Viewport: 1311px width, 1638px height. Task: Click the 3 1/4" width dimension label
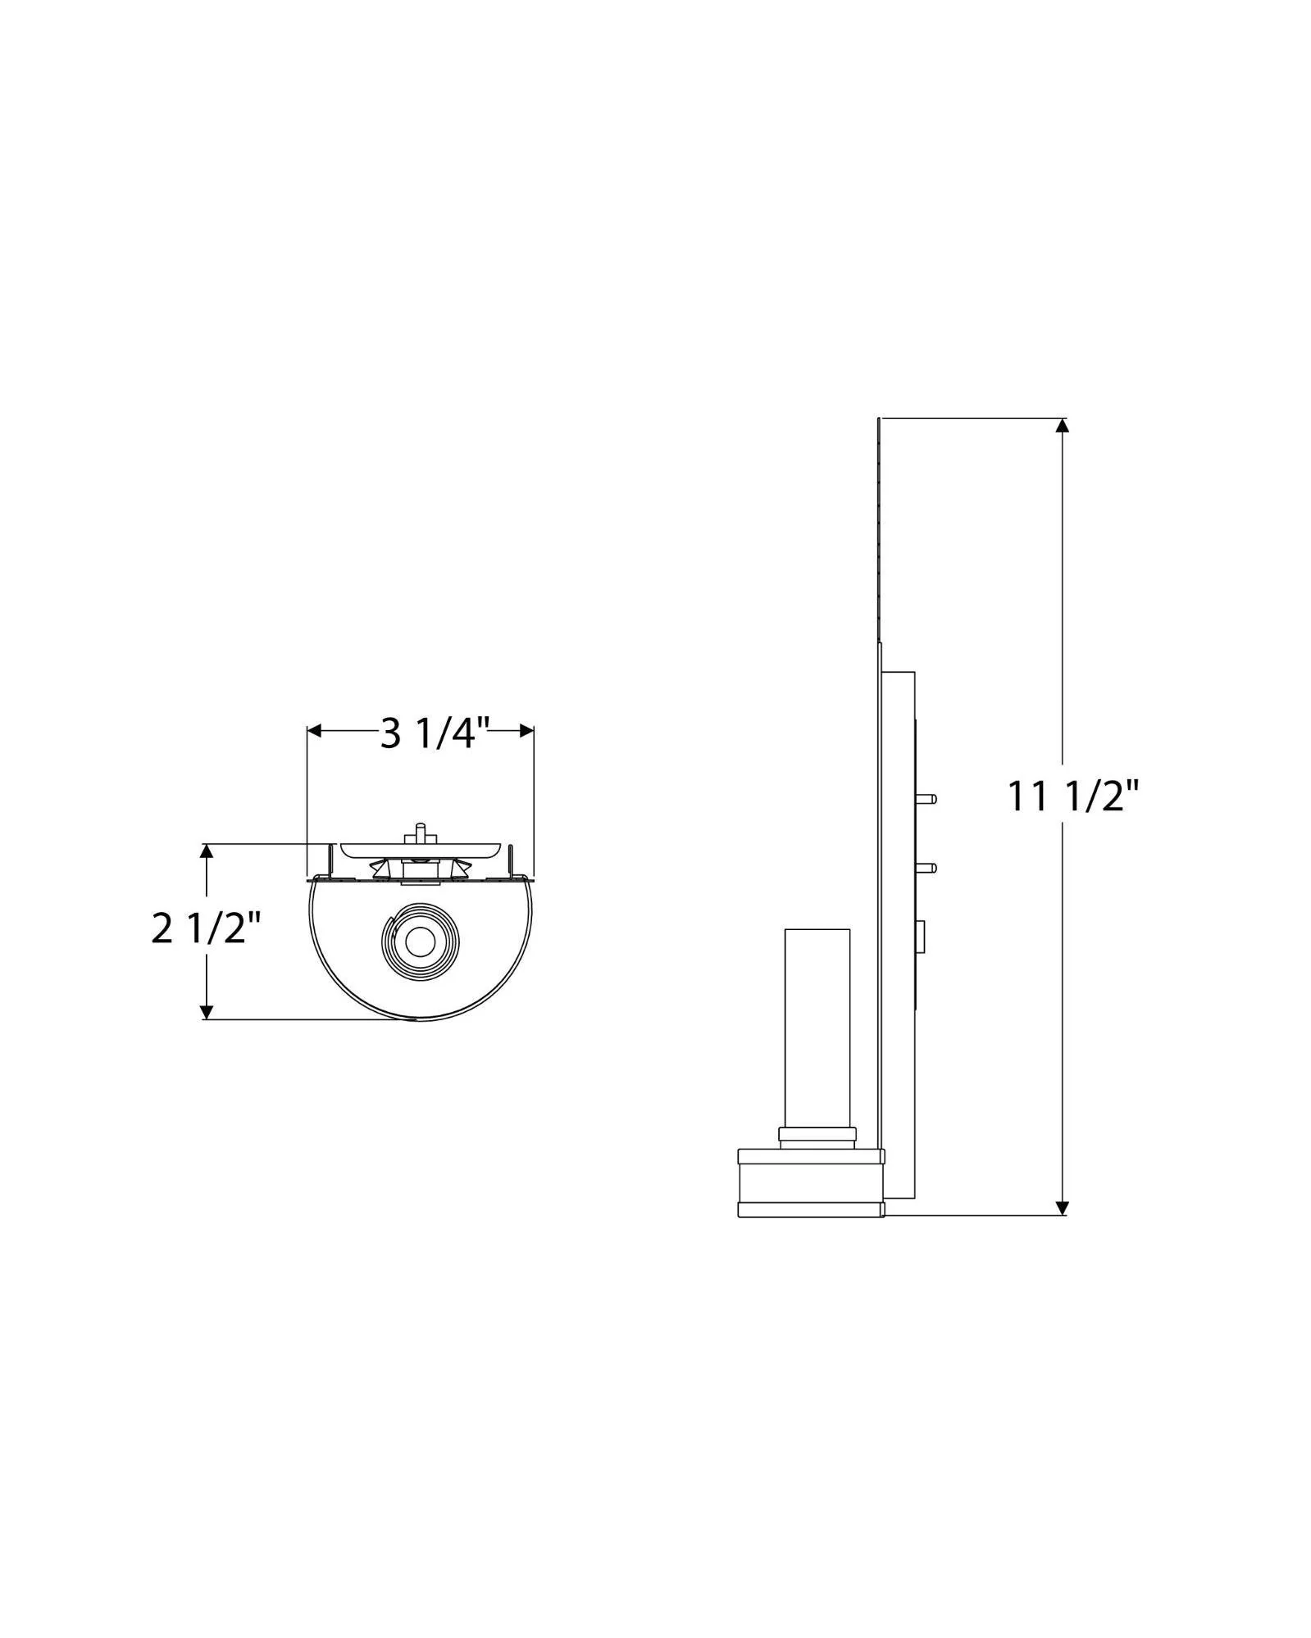[x=435, y=733]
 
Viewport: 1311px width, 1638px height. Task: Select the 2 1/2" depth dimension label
[x=206, y=930]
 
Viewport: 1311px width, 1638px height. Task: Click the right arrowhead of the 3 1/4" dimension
[x=525, y=732]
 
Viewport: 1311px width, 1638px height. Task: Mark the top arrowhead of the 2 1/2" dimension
[x=207, y=853]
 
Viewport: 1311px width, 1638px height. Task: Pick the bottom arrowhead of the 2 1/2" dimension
[x=207, y=1010]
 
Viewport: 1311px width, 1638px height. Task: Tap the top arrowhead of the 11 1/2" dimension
[x=1062, y=427]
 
